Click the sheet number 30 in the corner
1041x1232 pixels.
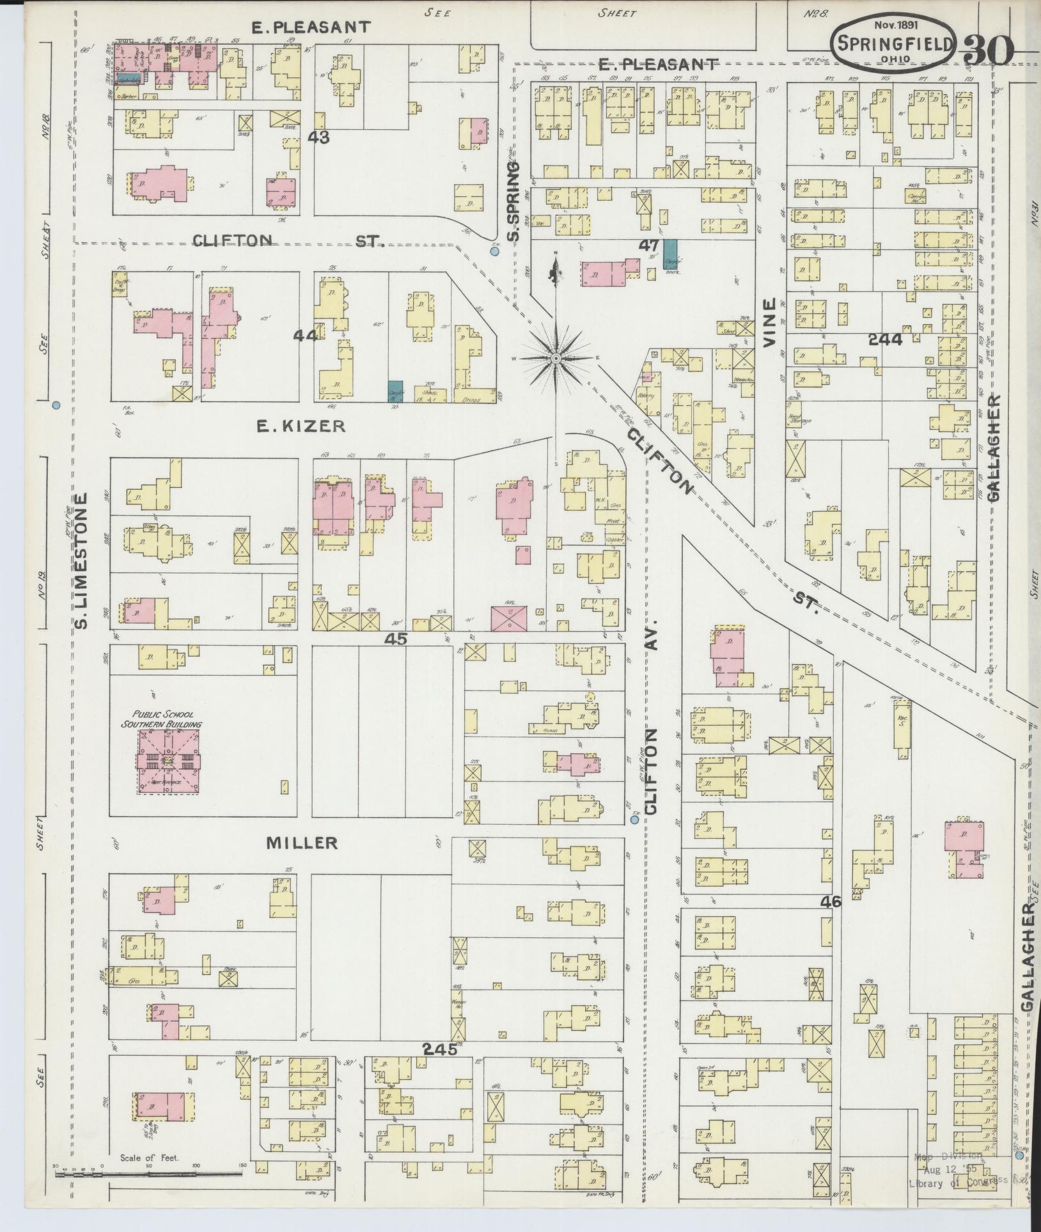(x=988, y=49)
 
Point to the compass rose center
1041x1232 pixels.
(x=556, y=359)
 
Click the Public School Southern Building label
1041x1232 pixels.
(x=162, y=720)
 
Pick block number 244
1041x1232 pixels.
(x=885, y=339)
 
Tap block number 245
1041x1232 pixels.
(x=440, y=1049)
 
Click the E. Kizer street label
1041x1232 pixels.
(x=301, y=426)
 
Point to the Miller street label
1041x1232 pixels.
(x=302, y=843)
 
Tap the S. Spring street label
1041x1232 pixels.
(x=513, y=201)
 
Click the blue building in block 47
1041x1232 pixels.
(x=671, y=254)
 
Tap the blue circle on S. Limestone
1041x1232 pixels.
(x=56, y=405)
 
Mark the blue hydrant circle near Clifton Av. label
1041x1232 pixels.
(x=634, y=819)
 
